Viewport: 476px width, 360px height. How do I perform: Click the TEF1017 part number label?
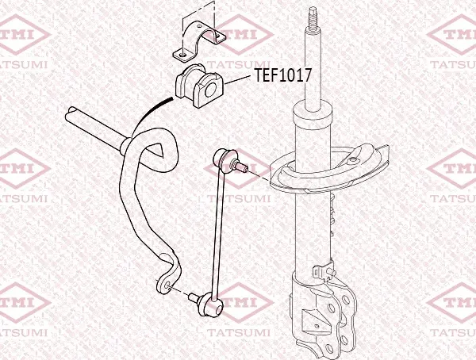282,75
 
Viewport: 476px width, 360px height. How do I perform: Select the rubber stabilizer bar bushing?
199,86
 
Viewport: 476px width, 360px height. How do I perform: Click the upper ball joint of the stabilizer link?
223,157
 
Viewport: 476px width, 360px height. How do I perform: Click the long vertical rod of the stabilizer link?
218,232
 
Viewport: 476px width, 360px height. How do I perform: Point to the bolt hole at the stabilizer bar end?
167,286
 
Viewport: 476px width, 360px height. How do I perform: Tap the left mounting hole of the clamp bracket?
182,56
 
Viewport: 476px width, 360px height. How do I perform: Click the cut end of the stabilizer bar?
71,115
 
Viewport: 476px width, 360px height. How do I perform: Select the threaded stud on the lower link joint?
194,297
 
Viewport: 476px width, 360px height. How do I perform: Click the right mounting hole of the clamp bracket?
218,37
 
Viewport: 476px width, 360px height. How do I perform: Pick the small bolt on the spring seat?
353,159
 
